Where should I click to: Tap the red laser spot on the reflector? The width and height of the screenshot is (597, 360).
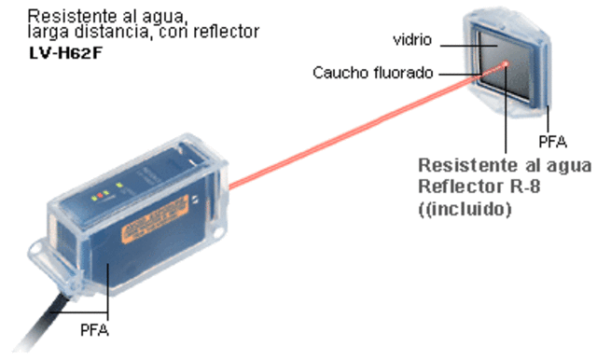506,64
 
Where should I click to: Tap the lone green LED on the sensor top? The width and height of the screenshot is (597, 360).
120,192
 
